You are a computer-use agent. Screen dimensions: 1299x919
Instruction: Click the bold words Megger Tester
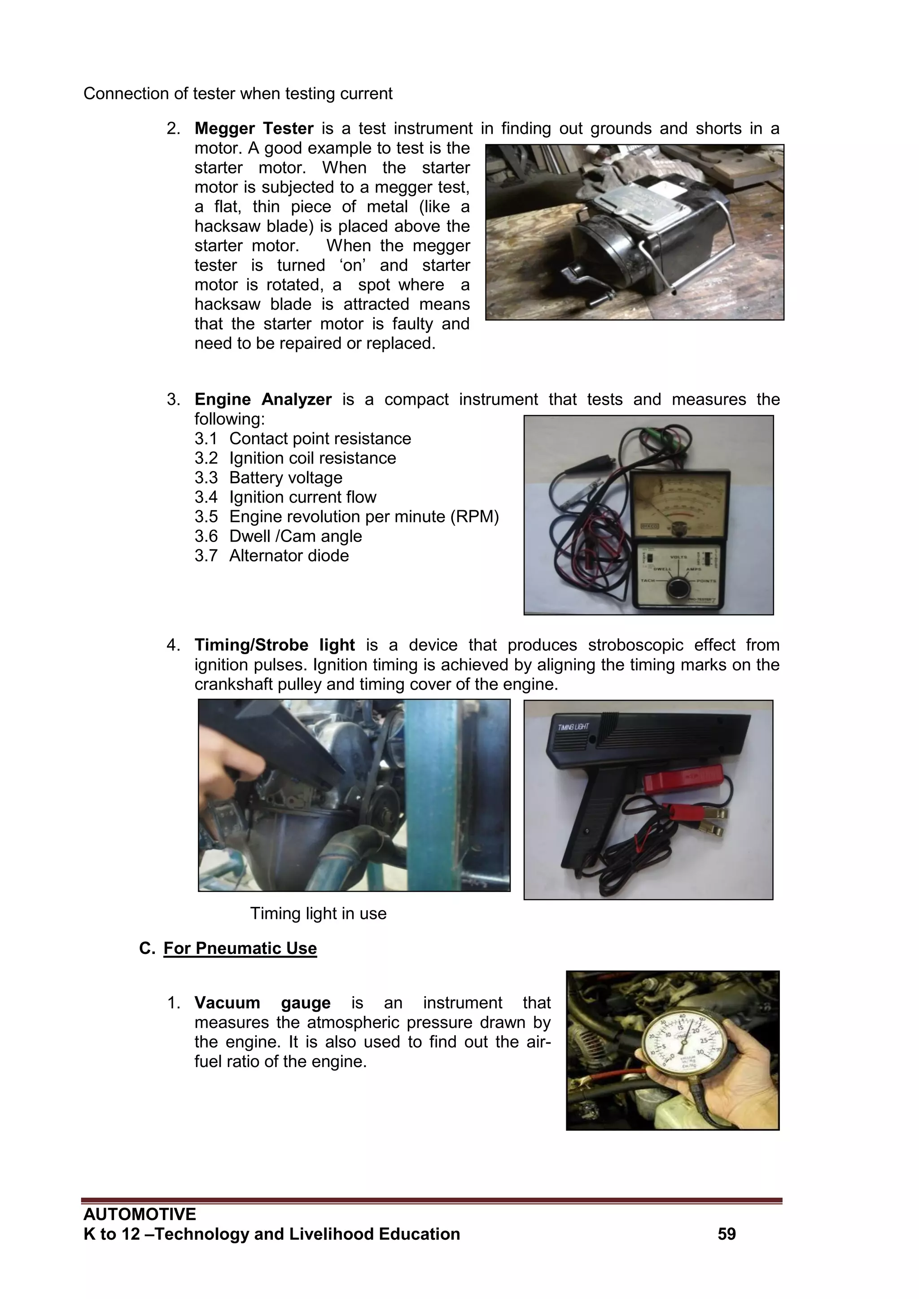point(254,128)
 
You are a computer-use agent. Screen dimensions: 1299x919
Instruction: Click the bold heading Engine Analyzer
point(263,399)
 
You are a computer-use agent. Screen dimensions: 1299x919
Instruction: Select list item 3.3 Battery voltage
point(268,477)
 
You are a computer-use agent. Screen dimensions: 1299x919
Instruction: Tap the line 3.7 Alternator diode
point(271,555)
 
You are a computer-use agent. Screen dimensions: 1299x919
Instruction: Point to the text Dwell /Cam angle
point(295,536)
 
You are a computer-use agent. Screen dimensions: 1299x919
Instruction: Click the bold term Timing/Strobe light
point(275,645)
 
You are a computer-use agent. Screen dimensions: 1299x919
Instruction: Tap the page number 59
point(726,1234)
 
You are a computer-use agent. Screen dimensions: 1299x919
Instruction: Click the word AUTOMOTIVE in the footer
point(140,1214)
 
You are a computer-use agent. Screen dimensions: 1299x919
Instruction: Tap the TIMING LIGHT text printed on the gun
point(573,726)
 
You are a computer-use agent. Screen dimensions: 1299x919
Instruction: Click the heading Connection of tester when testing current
point(238,94)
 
